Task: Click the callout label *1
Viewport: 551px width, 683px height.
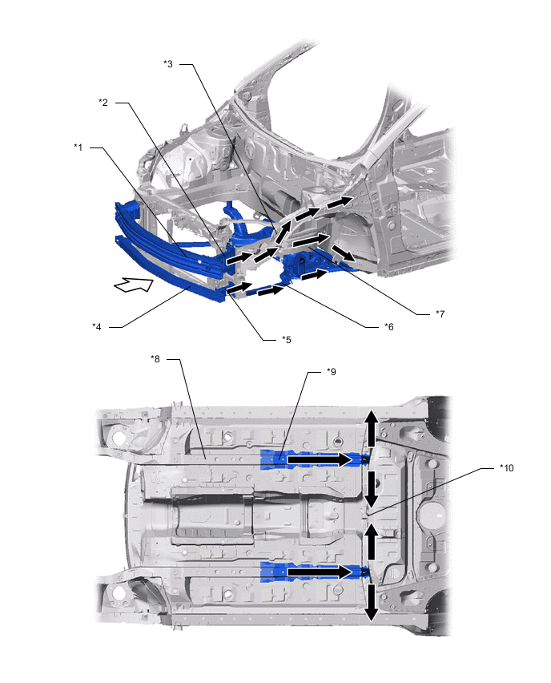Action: pos(78,148)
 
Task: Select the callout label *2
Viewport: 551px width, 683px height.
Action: pos(103,103)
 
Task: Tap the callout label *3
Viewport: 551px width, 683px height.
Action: pos(168,64)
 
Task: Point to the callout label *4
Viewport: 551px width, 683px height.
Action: pos(97,327)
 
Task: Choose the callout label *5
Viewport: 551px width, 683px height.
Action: pos(287,340)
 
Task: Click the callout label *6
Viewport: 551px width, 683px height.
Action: pos(388,327)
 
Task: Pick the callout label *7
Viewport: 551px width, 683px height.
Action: pos(440,313)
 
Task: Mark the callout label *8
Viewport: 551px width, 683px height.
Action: pos(155,359)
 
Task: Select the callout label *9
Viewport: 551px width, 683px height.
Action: pos(332,371)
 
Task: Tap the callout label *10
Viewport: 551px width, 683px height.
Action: pos(507,468)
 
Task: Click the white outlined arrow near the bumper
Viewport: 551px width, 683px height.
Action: pos(134,285)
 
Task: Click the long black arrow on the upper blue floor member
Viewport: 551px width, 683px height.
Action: pos(320,459)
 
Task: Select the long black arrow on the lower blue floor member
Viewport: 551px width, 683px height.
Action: pos(320,572)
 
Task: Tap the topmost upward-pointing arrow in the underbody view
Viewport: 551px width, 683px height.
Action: pos(371,428)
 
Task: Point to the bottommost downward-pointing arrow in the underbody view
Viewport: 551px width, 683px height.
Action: pos(371,602)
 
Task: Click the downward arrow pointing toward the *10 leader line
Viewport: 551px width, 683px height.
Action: pos(371,489)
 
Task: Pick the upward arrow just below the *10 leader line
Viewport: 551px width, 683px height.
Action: pos(371,541)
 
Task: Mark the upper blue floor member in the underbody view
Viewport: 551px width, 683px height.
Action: pos(314,459)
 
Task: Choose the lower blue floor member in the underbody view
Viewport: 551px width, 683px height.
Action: pos(314,572)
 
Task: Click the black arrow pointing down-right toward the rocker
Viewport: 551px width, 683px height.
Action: pos(343,253)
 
